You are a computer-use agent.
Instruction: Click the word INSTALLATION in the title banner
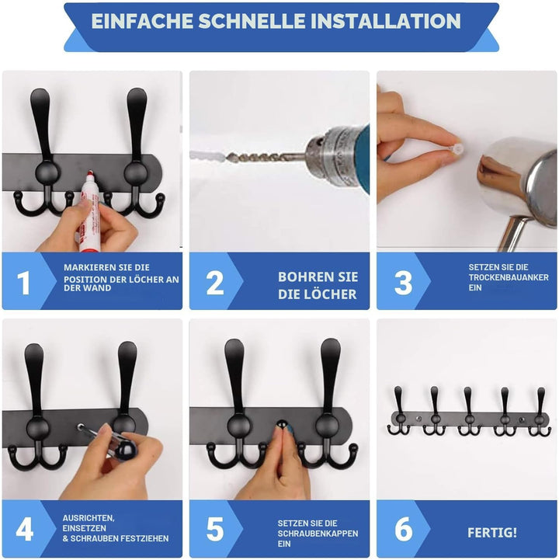(x=386, y=21)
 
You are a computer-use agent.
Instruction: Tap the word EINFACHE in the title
(x=142, y=21)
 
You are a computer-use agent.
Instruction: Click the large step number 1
(x=24, y=283)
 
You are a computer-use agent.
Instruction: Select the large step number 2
(x=215, y=283)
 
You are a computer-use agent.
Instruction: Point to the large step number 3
(x=404, y=283)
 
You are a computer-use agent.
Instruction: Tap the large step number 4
(x=25, y=530)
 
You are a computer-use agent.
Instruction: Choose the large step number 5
(x=215, y=530)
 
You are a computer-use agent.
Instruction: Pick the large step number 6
(x=404, y=530)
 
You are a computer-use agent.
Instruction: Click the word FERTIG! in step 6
(x=492, y=533)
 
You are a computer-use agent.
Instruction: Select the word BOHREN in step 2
(x=304, y=277)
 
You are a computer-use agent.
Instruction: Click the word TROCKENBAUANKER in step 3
(x=509, y=277)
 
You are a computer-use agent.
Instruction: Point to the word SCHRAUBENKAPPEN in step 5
(x=318, y=534)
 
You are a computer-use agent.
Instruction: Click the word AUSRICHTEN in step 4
(x=89, y=518)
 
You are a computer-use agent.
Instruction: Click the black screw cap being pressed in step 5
(x=283, y=423)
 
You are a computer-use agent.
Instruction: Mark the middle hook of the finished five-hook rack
(x=468, y=411)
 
